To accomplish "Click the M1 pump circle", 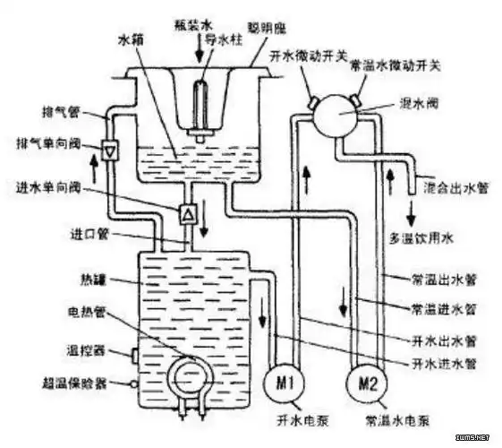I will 283,383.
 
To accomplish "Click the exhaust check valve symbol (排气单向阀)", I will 109,151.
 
